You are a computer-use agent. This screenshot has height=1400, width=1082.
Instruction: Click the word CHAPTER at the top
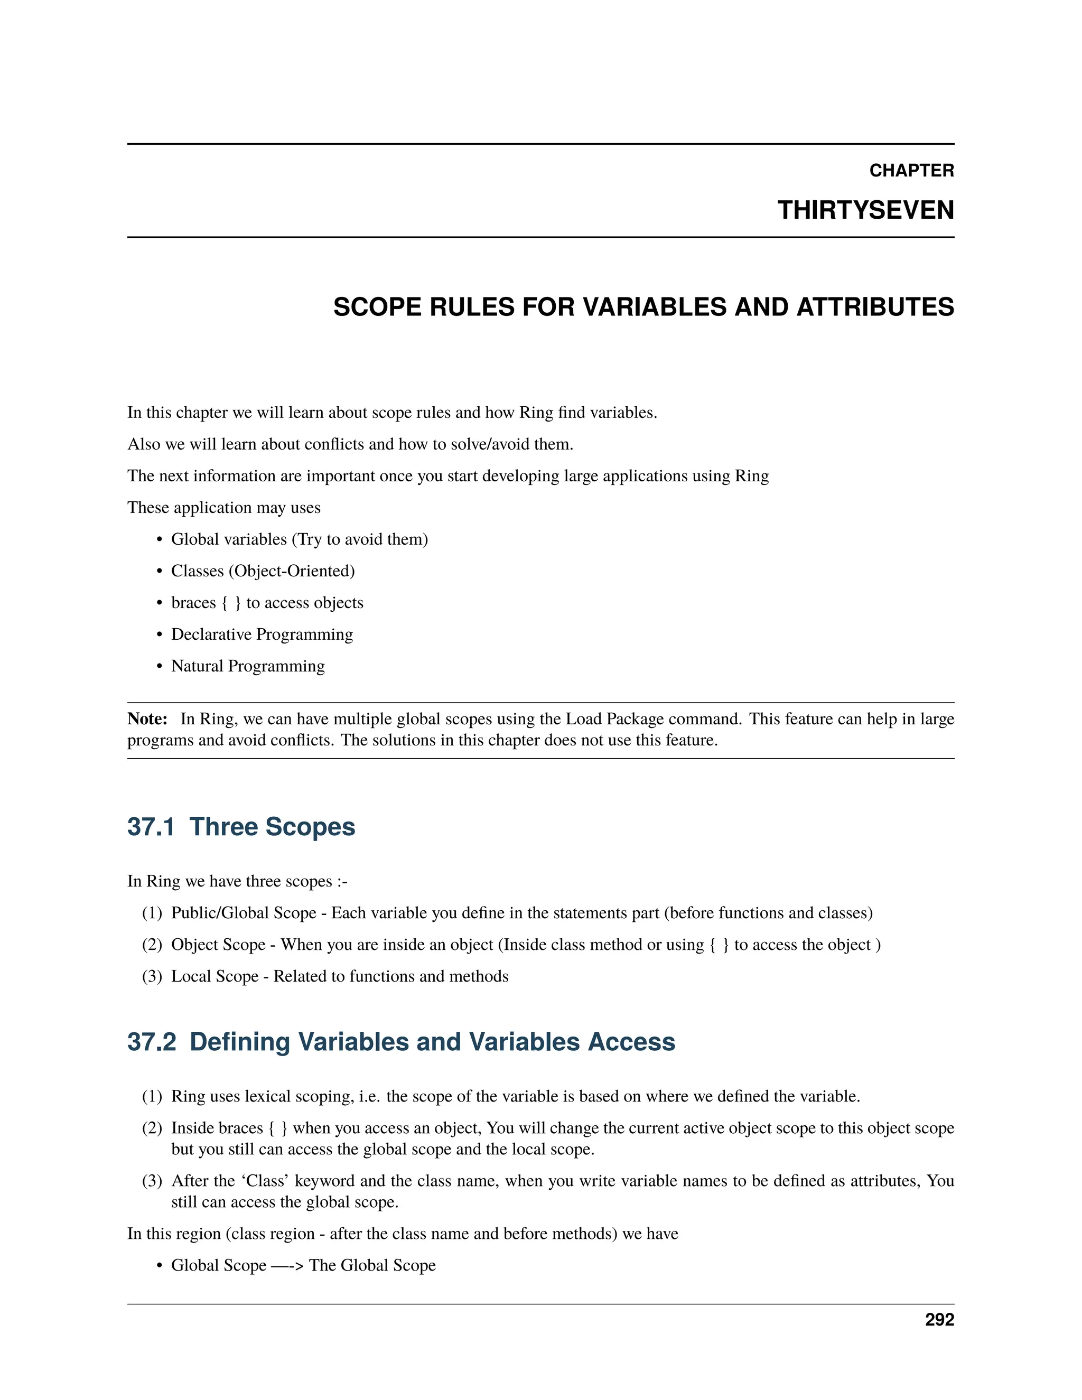tap(911, 171)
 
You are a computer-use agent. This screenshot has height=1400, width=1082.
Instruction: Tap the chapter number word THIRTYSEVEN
tap(865, 210)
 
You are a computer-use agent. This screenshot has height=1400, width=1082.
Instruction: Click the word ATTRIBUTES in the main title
tap(875, 307)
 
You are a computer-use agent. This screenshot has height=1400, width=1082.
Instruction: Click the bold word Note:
tap(147, 718)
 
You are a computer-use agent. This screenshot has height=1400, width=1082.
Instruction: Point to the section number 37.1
tap(151, 827)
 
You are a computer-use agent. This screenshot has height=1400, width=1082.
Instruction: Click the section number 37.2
tap(151, 1042)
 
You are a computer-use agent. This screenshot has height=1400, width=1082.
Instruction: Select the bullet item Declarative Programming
tap(262, 634)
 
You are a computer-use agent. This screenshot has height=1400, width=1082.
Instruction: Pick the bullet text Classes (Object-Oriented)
tap(263, 571)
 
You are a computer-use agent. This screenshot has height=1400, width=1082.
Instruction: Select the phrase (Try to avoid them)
tap(360, 539)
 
